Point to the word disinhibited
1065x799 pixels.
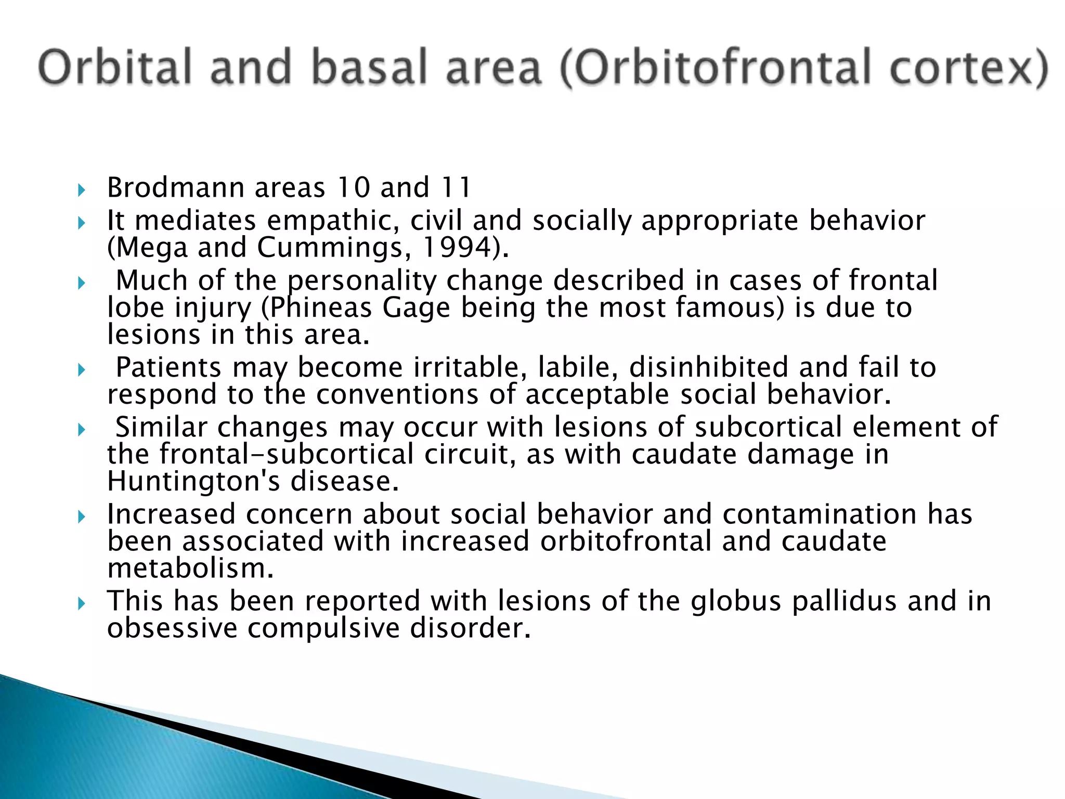pyautogui.click(x=709, y=367)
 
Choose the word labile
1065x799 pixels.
pyautogui.click(x=578, y=367)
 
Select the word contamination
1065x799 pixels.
pyautogui.click(x=819, y=514)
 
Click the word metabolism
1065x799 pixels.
pyautogui.click(x=190, y=568)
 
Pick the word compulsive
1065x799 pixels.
pyautogui.click(x=323, y=628)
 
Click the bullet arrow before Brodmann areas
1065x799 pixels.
pyautogui.click(x=81, y=190)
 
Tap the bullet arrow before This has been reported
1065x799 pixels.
pyautogui.click(x=81, y=603)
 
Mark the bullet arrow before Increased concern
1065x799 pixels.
pyautogui.click(x=81, y=517)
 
